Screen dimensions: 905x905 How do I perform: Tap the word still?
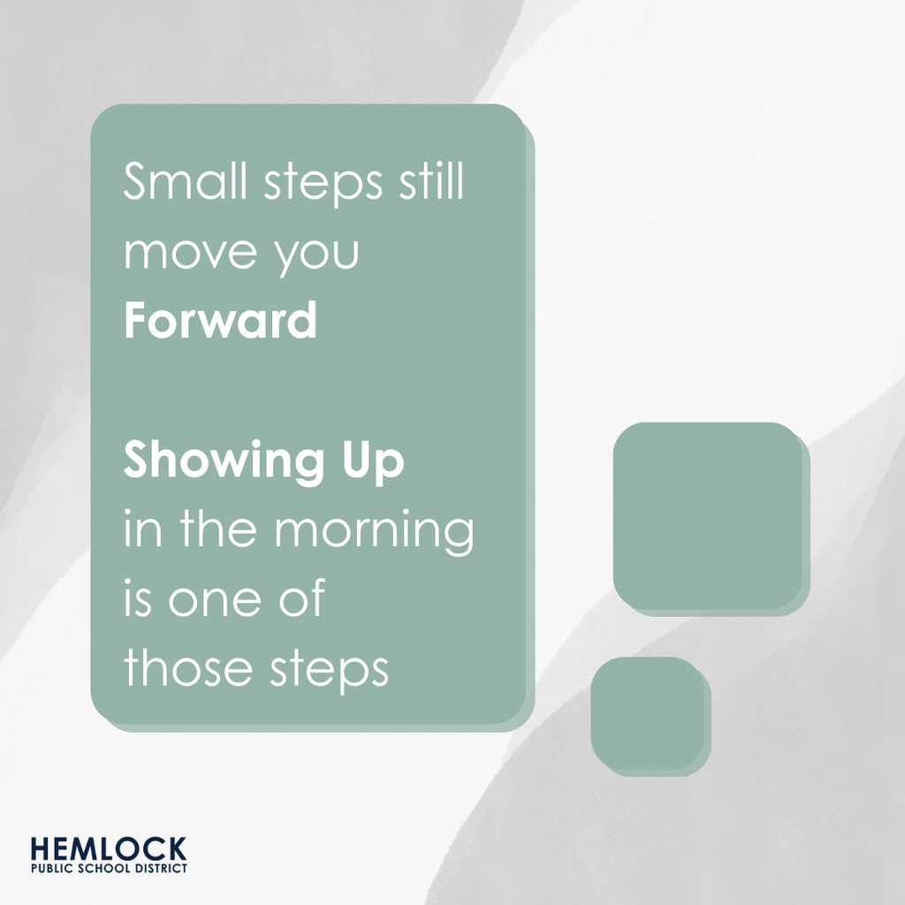click(x=429, y=183)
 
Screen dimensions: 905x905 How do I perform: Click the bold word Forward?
click(x=220, y=322)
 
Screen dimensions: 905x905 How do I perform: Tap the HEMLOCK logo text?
click(x=108, y=849)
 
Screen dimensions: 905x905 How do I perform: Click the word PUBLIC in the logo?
click(x=49, y=868)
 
